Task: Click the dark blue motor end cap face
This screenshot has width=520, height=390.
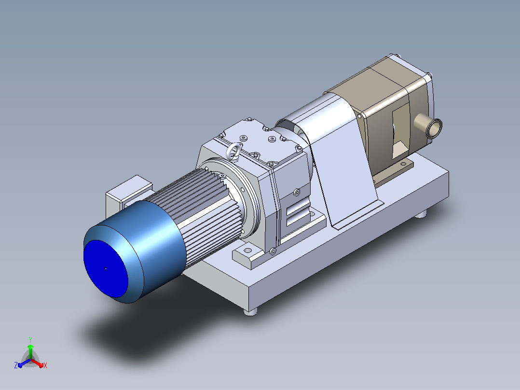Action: (106, 268)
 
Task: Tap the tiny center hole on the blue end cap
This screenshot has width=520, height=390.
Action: (106, 268)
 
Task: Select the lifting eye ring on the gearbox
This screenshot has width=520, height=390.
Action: (233, 151)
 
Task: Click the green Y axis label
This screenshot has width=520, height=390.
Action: (30, 340)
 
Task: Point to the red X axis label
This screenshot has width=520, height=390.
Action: (45, 365)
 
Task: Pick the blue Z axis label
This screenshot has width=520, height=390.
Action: (15, 365)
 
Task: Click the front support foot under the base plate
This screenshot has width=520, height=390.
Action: (250, 312)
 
